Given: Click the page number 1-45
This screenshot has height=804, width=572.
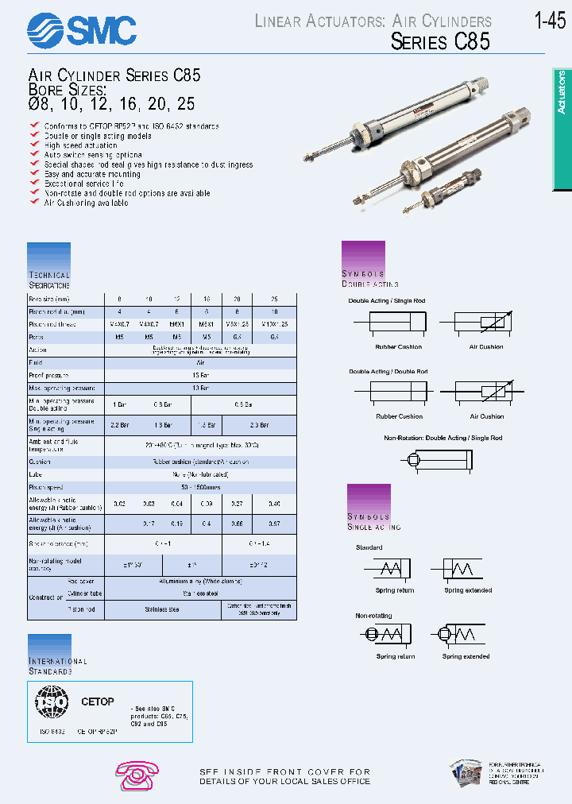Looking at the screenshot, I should pyautogui.click(x=550, y=21).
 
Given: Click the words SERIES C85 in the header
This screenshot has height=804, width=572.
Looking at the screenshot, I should pyautogui.click(x=440, y=42).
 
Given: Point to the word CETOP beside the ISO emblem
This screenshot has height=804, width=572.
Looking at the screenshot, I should pyautogui.click(x=98, y=702).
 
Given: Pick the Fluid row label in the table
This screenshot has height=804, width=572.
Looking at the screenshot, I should pyautogui.click(x=37, y=361).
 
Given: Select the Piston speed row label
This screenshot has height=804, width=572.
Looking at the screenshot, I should pyautogui.click(x=47, y=486).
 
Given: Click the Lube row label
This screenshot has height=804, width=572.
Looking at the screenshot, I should pyautogui.click(x=37, y=474).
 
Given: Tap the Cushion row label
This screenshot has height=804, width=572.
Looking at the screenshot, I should pyautogui.click(x=41, y=461).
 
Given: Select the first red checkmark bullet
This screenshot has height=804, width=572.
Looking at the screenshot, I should pyautogui.click(x=34, y=126).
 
